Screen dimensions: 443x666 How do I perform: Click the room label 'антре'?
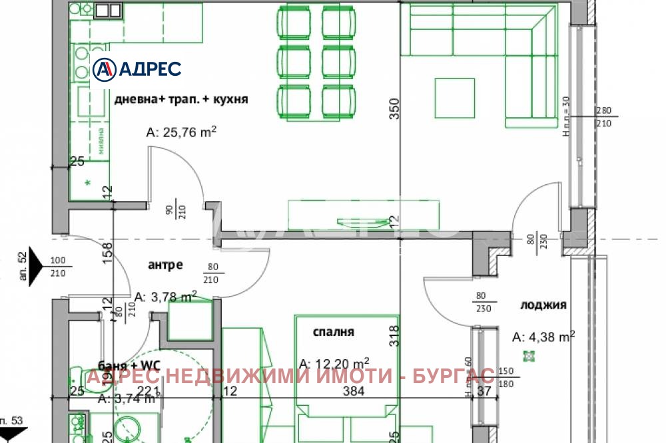pos(165,265)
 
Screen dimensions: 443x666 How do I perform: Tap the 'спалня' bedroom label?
pos(334,332)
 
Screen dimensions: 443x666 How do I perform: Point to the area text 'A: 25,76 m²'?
pos(182,132)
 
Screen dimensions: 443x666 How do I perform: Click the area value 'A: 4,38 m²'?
pos(543,337)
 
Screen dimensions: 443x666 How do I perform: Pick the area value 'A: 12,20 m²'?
pos(334,363)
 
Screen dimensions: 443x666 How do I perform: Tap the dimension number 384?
pos(353,391)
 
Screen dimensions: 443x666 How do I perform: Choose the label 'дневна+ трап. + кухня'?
pos(181,99)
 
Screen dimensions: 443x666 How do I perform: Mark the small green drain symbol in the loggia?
pos(529,357)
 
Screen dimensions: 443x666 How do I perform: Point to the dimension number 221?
pos(146,391)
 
